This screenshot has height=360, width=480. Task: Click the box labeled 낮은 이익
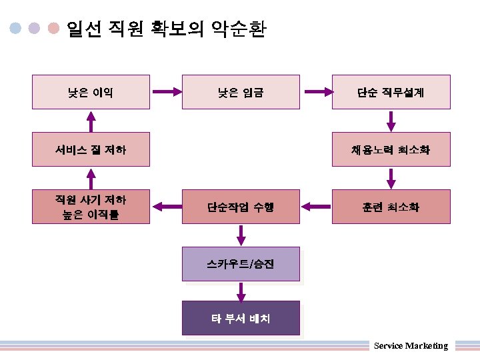[91, 93]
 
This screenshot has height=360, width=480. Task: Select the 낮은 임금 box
[241, 93]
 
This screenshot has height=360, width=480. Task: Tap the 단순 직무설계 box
[391, 93]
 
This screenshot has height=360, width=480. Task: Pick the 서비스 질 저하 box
[91, 149]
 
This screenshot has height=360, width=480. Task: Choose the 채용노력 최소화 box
[391, 149]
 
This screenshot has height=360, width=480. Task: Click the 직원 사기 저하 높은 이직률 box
[91, 207]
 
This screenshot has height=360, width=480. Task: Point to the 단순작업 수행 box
[241, 207]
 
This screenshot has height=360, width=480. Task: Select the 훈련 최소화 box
[391, 207]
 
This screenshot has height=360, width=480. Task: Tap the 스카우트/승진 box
[241, 264]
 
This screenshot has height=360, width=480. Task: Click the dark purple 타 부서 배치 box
[241, 318]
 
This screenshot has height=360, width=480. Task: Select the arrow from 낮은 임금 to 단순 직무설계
[316, 92]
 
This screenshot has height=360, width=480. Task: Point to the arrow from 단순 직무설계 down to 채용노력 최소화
[391, 121]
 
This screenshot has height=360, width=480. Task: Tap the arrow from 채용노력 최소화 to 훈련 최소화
[391, 178]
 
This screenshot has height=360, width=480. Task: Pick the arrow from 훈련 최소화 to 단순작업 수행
[316, 207]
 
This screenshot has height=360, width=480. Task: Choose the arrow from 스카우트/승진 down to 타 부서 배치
[241, 291]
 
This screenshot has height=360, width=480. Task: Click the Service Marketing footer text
[411, 345]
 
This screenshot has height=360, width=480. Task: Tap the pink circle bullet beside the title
[54, 29]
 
